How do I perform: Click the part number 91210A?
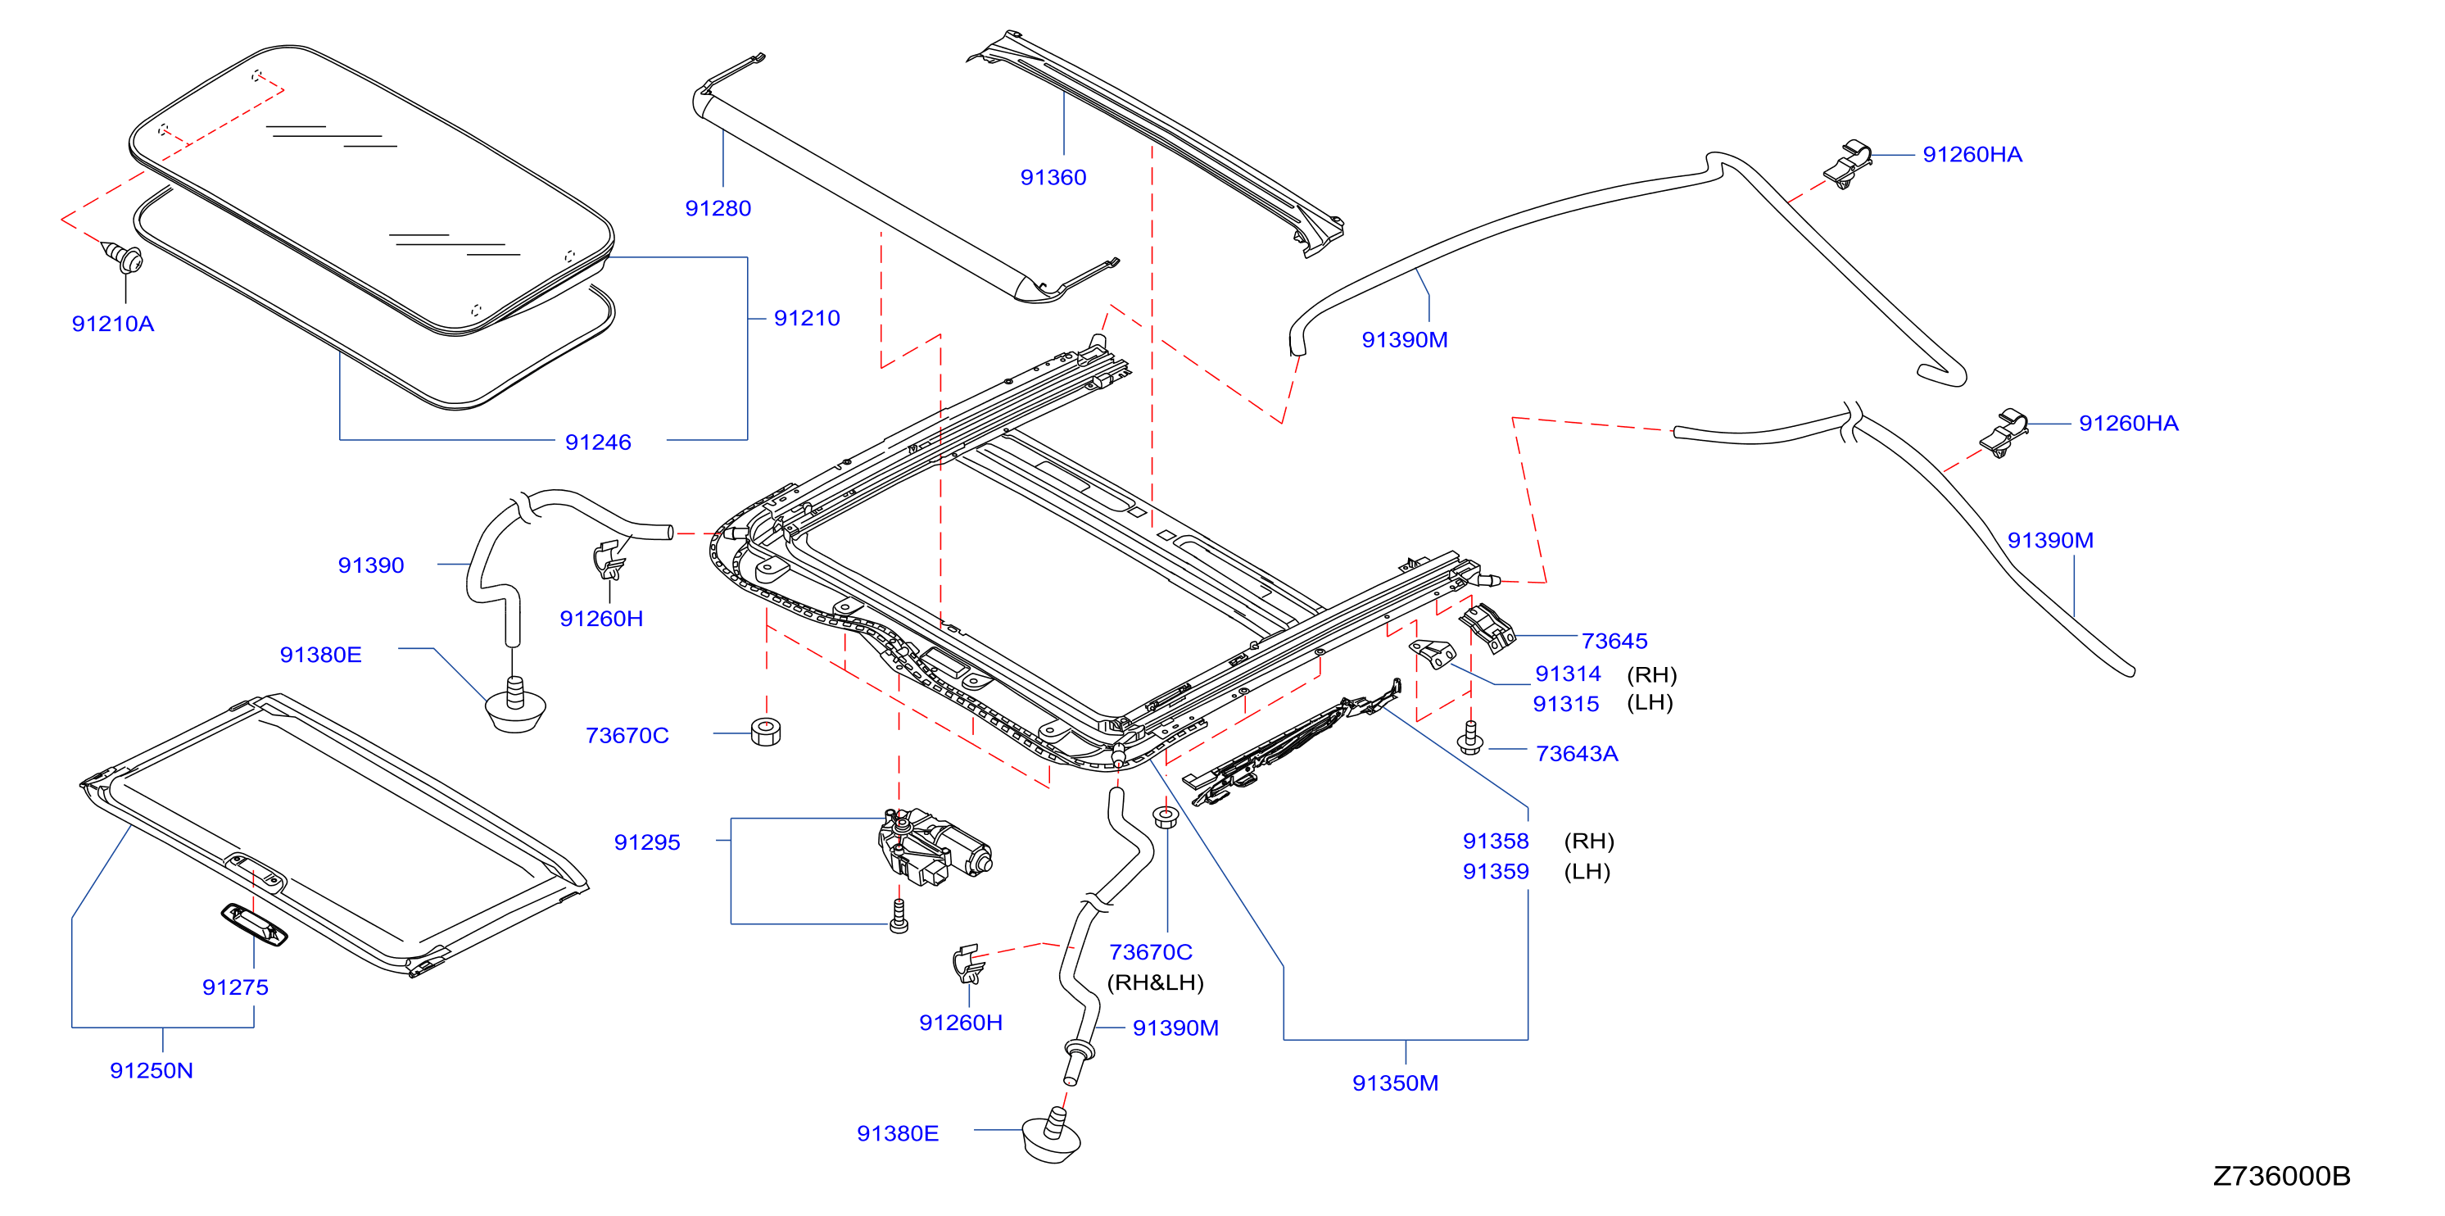(113, 324)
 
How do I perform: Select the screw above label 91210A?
(122, 257)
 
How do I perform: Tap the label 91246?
(598, 442)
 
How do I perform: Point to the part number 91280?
(718, 209)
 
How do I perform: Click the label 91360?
(1053, 178)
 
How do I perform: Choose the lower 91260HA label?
(2128, 424)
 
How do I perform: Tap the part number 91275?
(235, 987)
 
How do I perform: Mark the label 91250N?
(151, 1071)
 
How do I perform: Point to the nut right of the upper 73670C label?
(766, 732)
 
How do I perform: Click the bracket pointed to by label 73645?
(1487, 628)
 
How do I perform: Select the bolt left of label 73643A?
(1470, 737)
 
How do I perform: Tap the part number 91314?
(1567, 674)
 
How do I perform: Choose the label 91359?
(1495, 871)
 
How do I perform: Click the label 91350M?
(1394, 1083)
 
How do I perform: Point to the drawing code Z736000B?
(2281, 1176)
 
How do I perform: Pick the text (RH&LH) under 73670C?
(1155, 982)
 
